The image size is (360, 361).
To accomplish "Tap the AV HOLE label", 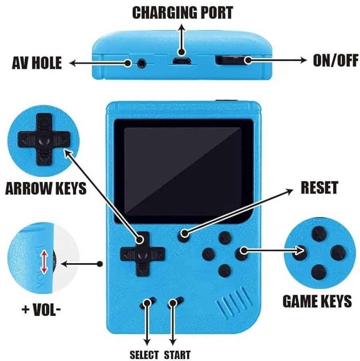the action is tap(37, 63).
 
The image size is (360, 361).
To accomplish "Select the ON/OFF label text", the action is tap(336, 60).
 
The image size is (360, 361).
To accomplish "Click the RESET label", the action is tap(320, 187).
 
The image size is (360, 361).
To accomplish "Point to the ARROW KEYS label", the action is tap(46, 188).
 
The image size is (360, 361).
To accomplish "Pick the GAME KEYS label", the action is tap(317, 301).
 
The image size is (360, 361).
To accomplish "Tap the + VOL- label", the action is tap(41, 309).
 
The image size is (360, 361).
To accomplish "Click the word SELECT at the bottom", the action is tap(144, 355).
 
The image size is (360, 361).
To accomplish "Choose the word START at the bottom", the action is tap(177, 355).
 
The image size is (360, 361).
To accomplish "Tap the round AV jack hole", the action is tap(142, 63).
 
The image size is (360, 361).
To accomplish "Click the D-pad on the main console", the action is tap(142, 254).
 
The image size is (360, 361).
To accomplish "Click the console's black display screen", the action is tap(184, 172).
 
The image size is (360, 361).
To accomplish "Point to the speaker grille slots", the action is tap(233, 302).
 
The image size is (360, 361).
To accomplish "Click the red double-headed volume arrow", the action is tap(44, 262).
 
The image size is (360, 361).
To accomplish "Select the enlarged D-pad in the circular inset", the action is tap(44, 139).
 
